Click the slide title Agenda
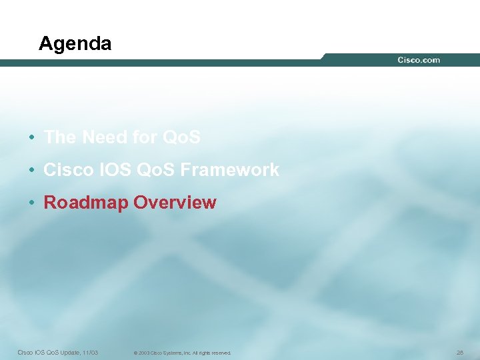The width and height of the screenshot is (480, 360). coord(75,44)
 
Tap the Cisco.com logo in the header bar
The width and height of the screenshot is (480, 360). coord(419,60)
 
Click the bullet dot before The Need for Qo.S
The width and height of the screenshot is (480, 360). coord(31,138)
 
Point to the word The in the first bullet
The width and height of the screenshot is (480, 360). coord(60,137)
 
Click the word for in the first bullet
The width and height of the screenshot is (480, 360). coord(145,137)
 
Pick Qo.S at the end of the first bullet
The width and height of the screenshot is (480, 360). coord(181,137)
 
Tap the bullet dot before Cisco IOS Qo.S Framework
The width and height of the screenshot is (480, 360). coord(31,171)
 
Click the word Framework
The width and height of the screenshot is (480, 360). coord(237,170)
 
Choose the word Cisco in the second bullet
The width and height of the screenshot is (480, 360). coord(69,170)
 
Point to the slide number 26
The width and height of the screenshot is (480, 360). coord(459,352)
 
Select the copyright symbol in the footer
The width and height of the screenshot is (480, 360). coord(135,353)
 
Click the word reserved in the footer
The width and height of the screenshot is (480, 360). coord(221,353)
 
